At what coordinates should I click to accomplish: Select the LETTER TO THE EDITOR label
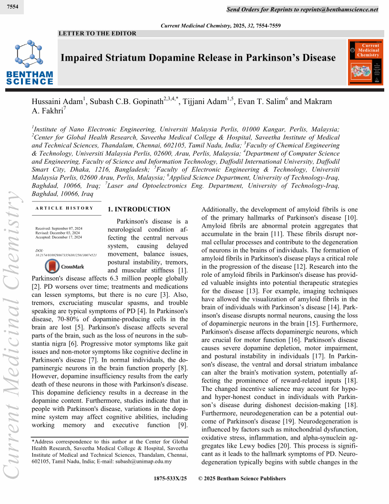point(97,33)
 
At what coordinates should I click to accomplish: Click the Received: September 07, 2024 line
point(59,229)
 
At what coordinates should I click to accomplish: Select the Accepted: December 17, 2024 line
point(59,237)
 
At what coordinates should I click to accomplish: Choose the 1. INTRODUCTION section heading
point(139,210)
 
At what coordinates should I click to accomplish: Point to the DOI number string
point(66,255)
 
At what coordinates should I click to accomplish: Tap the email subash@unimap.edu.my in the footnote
point(147,462)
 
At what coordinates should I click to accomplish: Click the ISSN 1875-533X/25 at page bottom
point(171,479)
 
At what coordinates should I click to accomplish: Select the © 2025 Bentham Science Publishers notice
point(242,479)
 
